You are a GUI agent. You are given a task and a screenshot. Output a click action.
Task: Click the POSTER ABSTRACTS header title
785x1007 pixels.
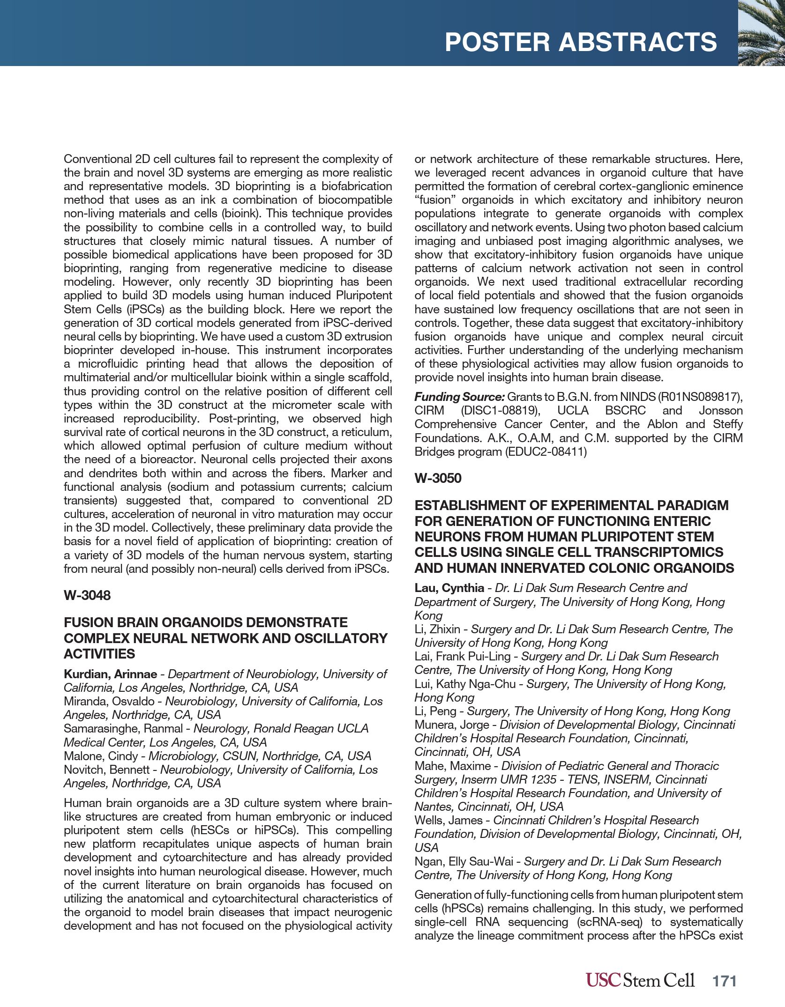tap(581, 42)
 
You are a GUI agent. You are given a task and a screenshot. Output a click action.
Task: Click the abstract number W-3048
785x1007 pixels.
tap(87, 595)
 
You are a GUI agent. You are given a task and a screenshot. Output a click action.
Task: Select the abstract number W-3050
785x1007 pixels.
tap(438, 478)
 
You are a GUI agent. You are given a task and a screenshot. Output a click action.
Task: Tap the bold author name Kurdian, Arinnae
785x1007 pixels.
tap(110, 674)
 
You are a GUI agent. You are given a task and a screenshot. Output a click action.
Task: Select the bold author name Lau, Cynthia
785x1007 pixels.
tap(449, 588)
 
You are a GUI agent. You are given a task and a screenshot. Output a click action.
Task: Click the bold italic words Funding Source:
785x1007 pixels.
tap(459, 397)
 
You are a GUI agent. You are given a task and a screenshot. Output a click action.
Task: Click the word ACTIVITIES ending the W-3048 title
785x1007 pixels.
tap(99, 654)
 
